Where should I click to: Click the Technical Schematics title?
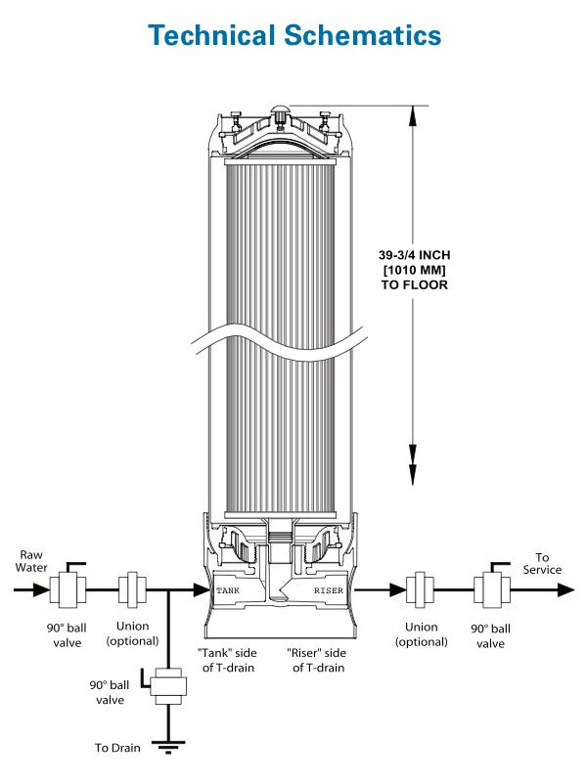(293, 34)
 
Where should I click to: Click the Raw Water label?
(31, 561)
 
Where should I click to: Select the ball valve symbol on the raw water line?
(69, 589)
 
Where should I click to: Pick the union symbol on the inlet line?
(132, 590)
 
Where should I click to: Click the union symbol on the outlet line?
(422, 590)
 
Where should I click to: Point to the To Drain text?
(117, 748)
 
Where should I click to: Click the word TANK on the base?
(228, 590)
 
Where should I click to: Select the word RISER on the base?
(328, 590)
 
